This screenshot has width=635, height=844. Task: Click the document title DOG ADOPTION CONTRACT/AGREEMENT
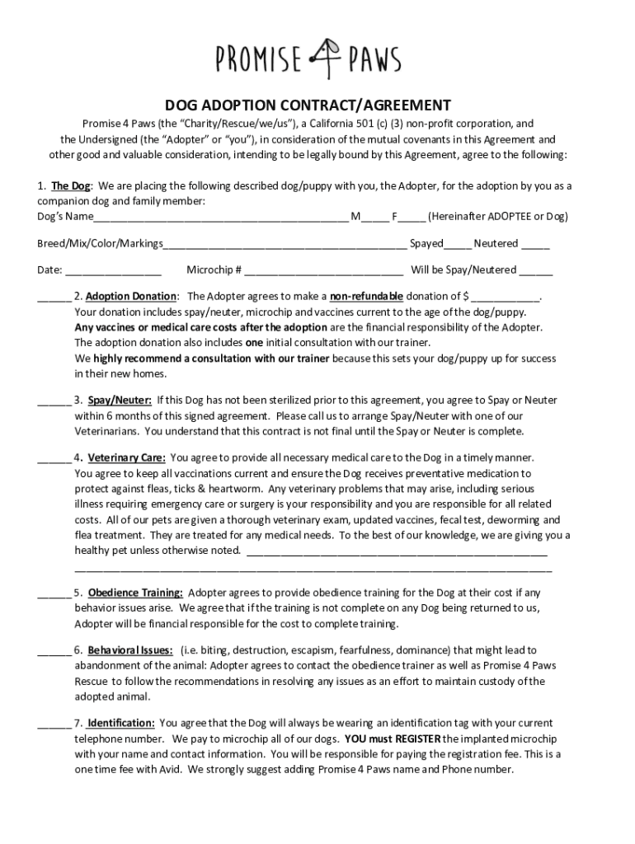(308, 105)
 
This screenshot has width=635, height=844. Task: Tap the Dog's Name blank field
(220, 218)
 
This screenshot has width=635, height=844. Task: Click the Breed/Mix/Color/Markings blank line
(285, 244)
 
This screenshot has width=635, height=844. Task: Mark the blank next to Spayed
(458, 244)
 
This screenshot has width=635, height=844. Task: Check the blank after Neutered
(535, 244)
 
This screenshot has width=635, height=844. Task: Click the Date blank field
(113, 270)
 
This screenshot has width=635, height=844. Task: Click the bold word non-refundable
(366, 296)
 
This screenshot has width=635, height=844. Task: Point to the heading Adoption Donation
(131, 296)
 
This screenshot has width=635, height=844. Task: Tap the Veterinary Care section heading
(126, 457)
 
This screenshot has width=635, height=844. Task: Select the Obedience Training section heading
(135, 593)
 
